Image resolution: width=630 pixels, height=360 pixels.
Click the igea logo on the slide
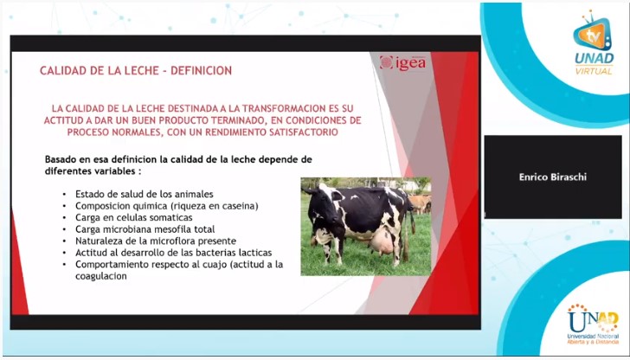[x=402, y=63]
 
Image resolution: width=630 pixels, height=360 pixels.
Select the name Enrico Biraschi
[x=552, y=177]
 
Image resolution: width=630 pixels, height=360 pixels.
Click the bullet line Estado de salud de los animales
[x=144, y=194]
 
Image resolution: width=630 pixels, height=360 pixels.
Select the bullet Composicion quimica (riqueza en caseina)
[x=167, y=206]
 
